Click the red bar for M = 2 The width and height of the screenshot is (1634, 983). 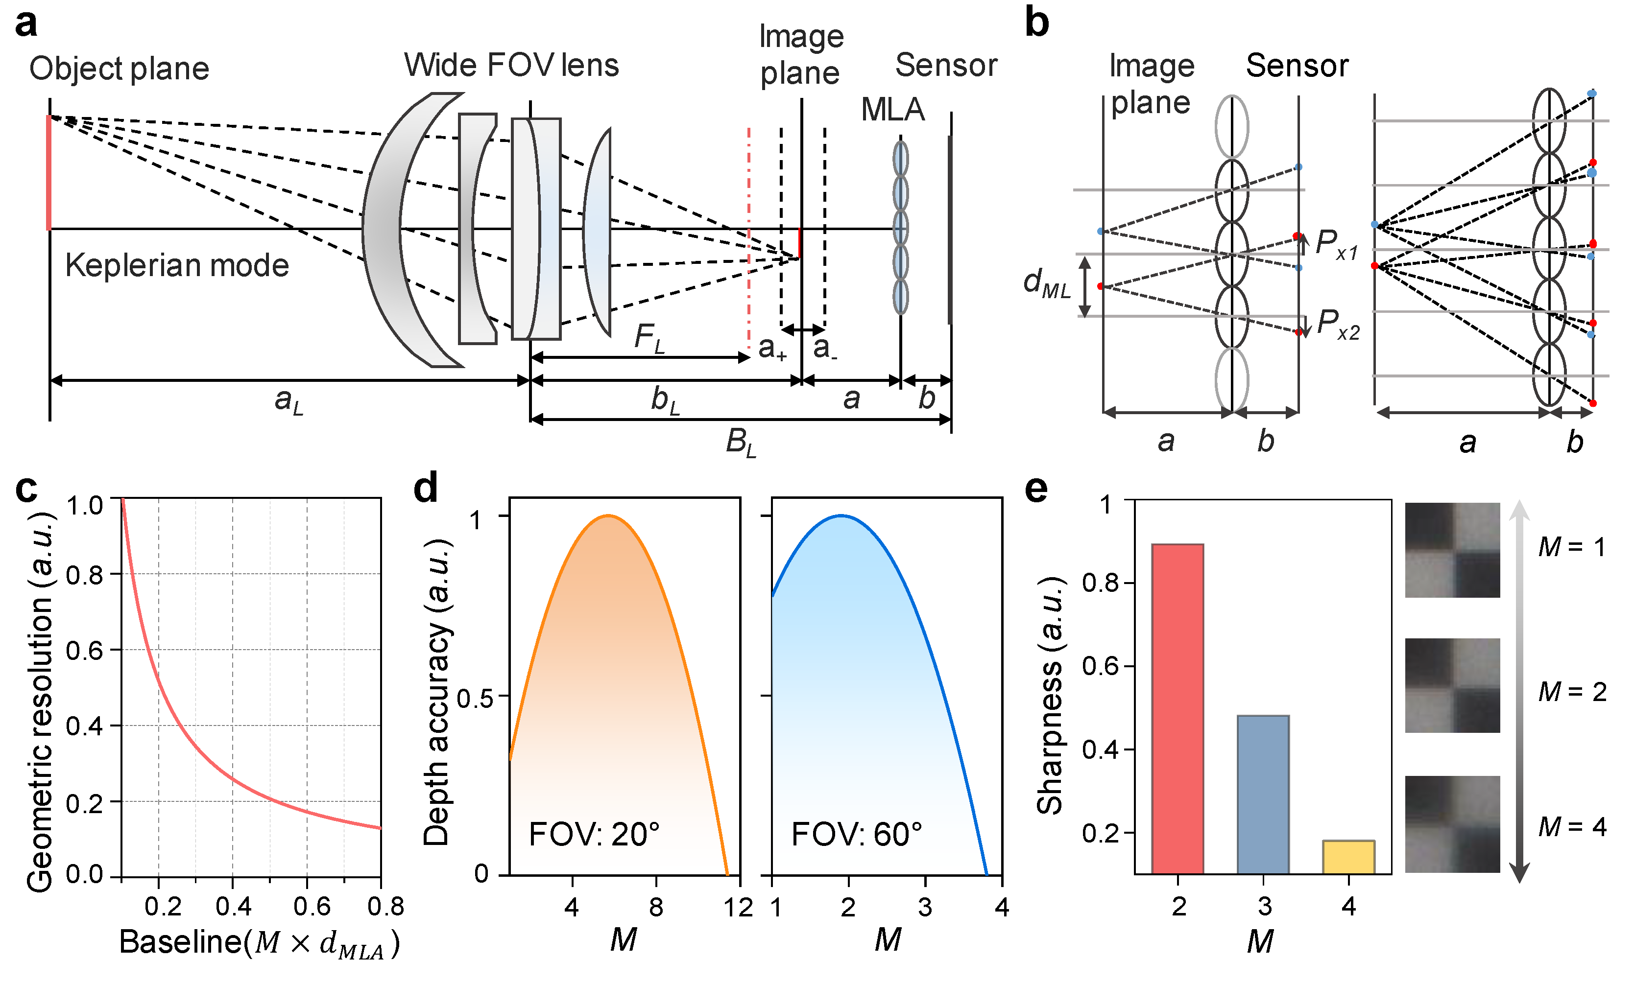click(x=1177, y=709)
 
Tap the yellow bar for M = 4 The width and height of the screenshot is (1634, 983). click(x=1348, y=857)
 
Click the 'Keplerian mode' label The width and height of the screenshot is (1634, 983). click(x=177, y=266)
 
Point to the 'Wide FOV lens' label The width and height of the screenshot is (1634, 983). click(x=511, y=66)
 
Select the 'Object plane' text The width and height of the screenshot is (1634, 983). click(x=120, y=69)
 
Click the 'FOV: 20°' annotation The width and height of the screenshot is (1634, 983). click(x=594, y=835)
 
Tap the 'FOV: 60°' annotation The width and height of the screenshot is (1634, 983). click(x=856, y=835)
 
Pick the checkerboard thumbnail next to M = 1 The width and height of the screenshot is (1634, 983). click(x=1452, y=550)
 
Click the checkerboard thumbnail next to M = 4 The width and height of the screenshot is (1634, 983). click(x=1452, y=823)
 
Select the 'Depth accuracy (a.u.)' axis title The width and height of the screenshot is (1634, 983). click(x=437, y=692)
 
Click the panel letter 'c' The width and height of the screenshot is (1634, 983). click(x=26, y=489)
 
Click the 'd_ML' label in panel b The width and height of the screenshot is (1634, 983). click(x=1046, y=283)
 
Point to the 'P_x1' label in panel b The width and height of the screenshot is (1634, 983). click(x=1336, y=244)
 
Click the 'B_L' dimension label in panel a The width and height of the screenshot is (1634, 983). click(x=740, y=442)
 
